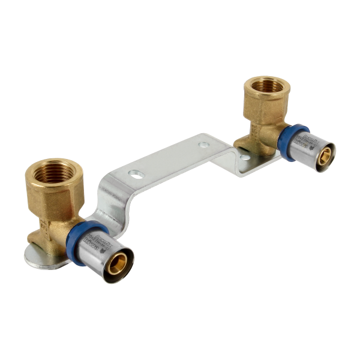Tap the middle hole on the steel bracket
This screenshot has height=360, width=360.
205,145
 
